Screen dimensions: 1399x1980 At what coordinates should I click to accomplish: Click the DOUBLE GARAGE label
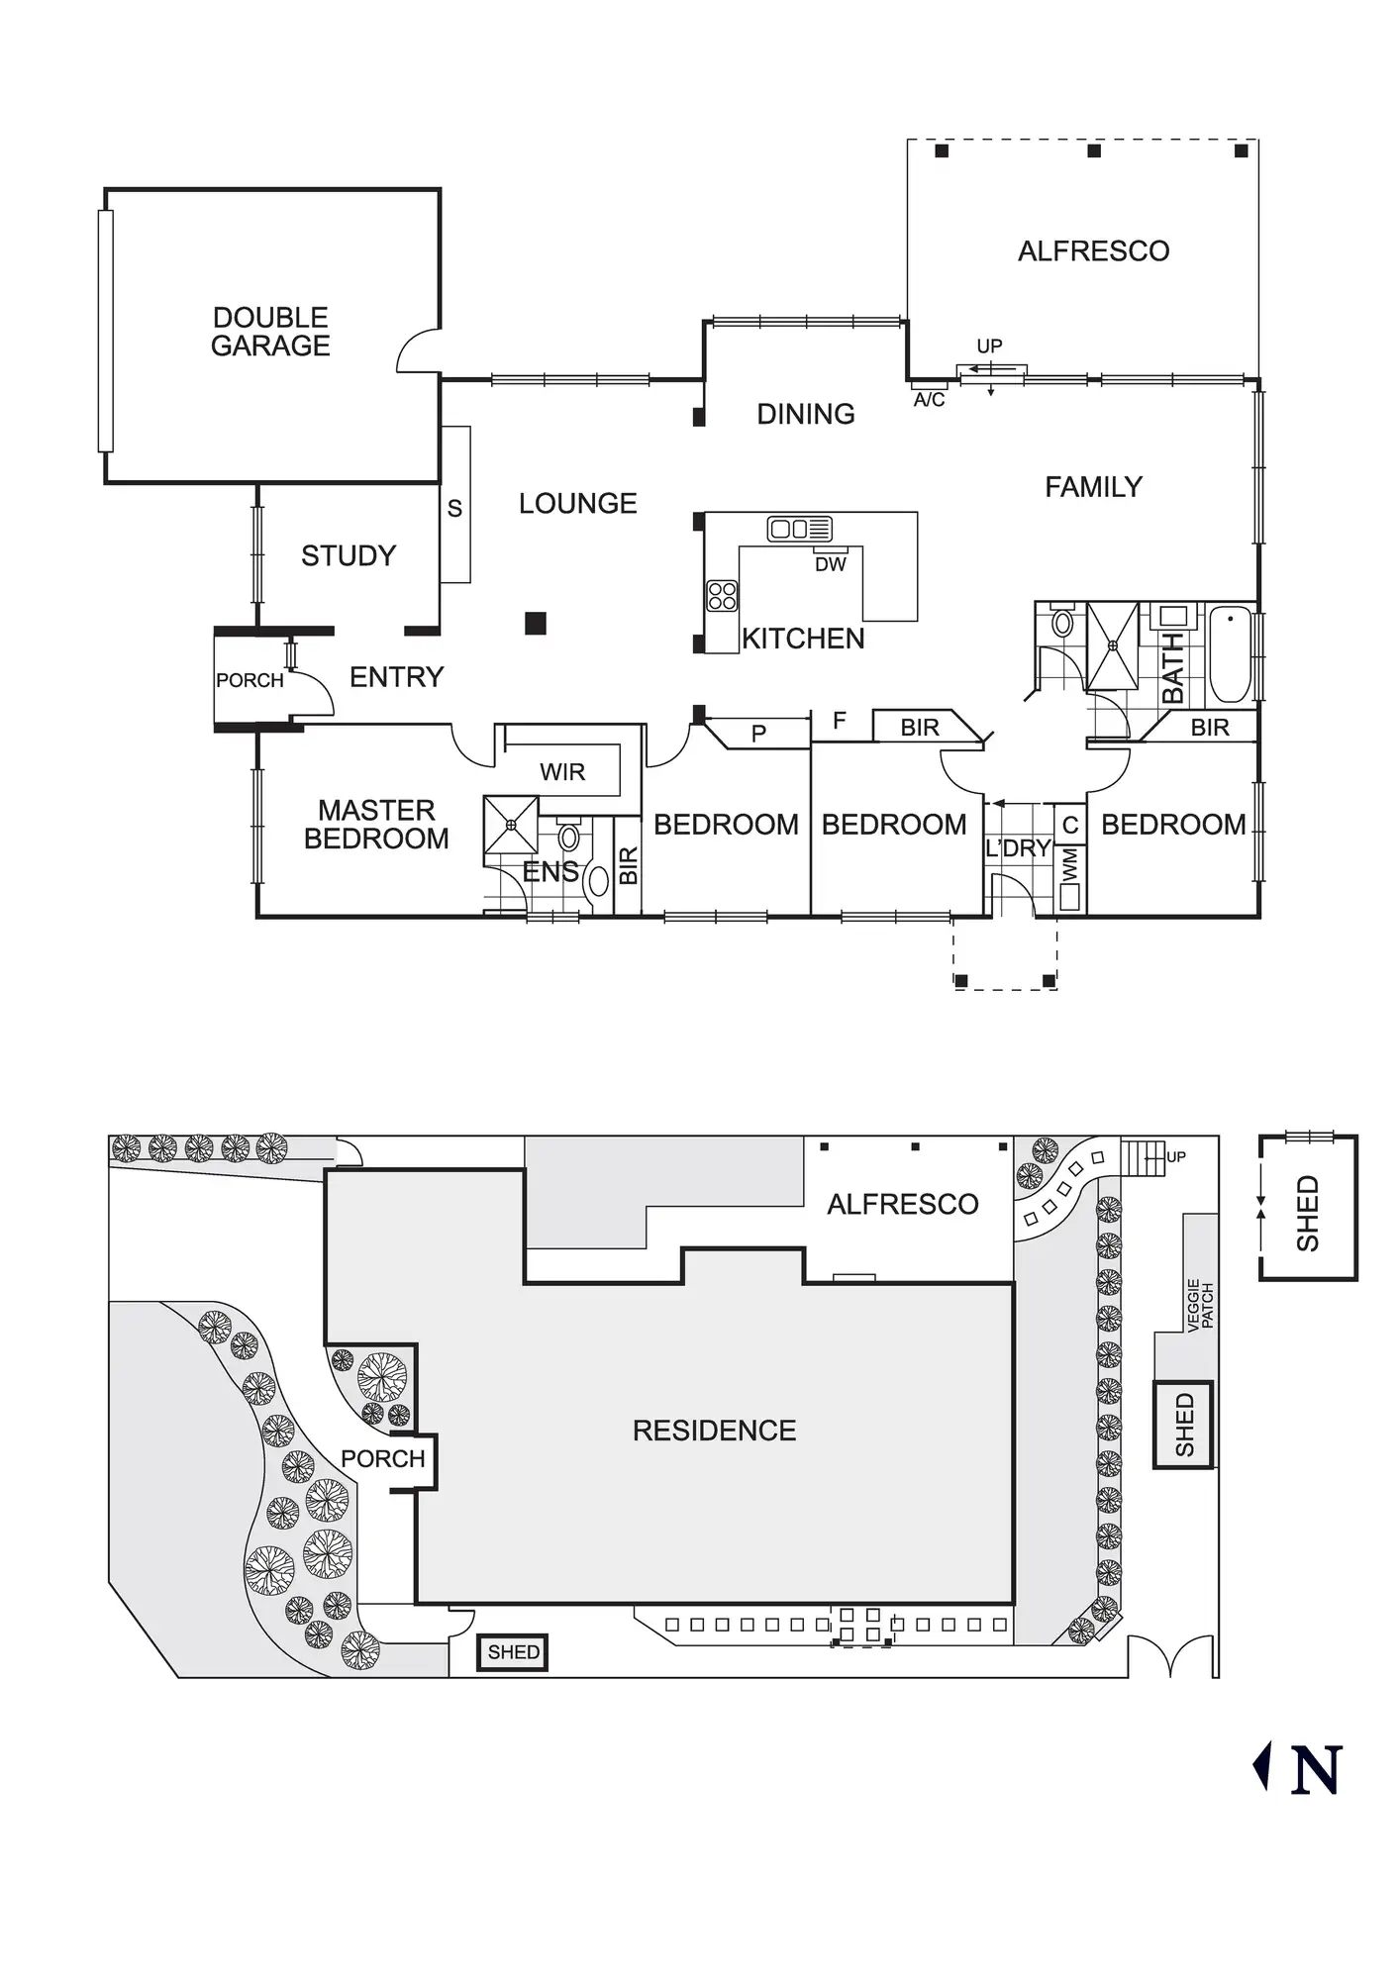270,332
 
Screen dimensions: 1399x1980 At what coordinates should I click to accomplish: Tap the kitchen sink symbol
799,529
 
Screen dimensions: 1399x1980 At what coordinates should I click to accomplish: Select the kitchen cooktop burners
722,595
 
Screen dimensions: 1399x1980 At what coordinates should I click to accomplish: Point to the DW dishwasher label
831,564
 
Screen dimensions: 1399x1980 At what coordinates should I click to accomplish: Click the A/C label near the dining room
929,400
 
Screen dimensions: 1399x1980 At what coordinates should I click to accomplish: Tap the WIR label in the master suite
562,772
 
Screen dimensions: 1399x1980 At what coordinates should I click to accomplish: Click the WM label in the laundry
1070,863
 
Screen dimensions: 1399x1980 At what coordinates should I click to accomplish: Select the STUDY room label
349,556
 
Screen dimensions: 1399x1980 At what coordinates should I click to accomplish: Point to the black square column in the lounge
536,623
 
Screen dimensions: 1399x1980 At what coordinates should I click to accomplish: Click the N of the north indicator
1317,1770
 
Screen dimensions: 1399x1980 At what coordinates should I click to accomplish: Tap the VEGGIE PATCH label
1200,1305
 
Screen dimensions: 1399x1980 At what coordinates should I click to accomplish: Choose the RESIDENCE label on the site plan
714,1431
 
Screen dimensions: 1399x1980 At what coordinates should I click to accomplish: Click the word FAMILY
1093,487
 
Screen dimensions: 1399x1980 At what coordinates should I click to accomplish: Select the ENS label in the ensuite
550,872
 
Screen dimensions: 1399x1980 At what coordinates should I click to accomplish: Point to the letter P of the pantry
758,735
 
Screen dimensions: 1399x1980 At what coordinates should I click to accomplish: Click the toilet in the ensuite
568,837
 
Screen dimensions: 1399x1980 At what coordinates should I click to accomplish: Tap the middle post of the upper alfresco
1094,151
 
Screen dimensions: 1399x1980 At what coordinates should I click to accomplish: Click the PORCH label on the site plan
382,1458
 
